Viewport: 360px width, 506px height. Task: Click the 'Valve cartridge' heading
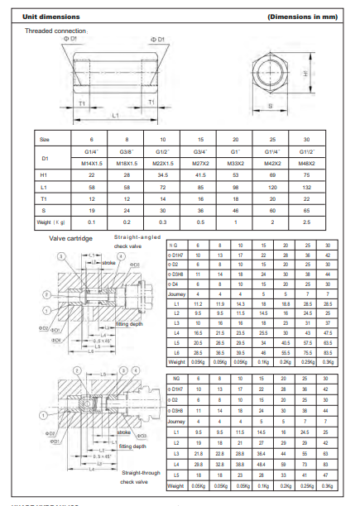70,238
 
